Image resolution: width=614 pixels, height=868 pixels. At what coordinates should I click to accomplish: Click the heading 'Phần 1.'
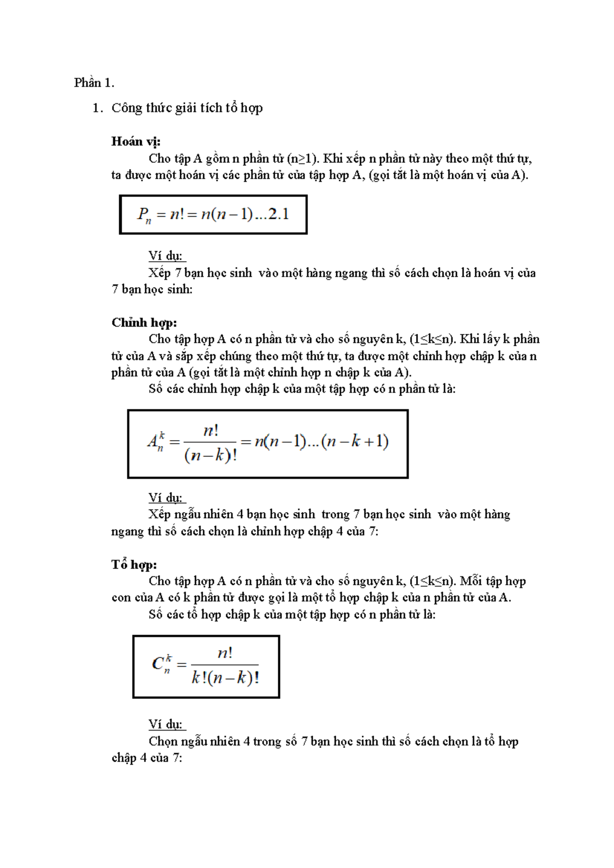94,83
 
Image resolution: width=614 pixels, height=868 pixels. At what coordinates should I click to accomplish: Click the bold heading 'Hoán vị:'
136,142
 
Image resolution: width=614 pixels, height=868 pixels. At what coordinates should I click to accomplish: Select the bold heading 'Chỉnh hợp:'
144,323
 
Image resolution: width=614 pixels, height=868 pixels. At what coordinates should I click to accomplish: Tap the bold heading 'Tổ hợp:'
134,564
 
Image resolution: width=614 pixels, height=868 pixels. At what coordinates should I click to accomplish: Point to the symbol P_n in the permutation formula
144,215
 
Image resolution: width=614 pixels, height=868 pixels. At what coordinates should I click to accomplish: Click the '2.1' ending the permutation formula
279,214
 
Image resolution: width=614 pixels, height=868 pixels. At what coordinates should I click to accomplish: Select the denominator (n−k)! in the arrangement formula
210,454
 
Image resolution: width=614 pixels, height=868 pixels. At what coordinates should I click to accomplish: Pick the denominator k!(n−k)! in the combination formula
225,678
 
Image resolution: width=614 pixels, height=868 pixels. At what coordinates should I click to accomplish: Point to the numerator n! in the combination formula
225,653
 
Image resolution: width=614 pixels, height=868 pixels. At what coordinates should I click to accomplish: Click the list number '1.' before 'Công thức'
98,108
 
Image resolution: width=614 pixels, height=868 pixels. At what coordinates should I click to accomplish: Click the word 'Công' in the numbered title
127,108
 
